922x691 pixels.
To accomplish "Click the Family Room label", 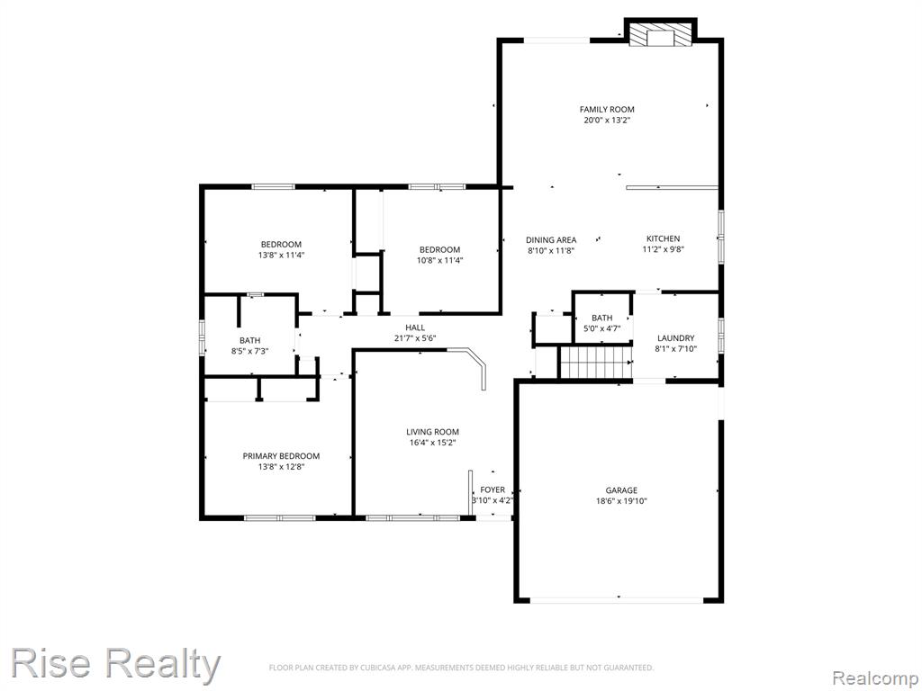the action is (x=607, y=109).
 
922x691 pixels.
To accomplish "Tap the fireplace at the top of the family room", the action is (x=660, y=34).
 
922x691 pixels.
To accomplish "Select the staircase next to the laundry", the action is (x=595, y=363).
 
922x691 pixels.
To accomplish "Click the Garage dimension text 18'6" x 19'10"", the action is (x=621, y=501).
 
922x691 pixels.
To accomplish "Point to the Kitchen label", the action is (x=664, y=238).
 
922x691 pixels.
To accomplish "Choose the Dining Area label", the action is (x=551, y=239).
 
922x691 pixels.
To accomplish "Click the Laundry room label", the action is (x=675, y=338).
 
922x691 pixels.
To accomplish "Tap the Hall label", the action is (x=415, y=328).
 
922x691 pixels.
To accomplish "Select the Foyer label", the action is (x=493, y=489).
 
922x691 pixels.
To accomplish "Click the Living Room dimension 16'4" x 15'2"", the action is (x=433, y=443).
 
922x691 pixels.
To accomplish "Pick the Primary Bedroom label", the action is (x=281, y=456).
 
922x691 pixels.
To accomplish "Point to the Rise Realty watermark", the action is (x=115, y=663).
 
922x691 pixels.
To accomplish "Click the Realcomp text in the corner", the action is (x=875, y=678).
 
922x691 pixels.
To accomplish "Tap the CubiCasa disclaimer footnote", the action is (x=461, y=668).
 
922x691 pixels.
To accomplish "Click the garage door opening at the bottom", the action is (x=617, y=600).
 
